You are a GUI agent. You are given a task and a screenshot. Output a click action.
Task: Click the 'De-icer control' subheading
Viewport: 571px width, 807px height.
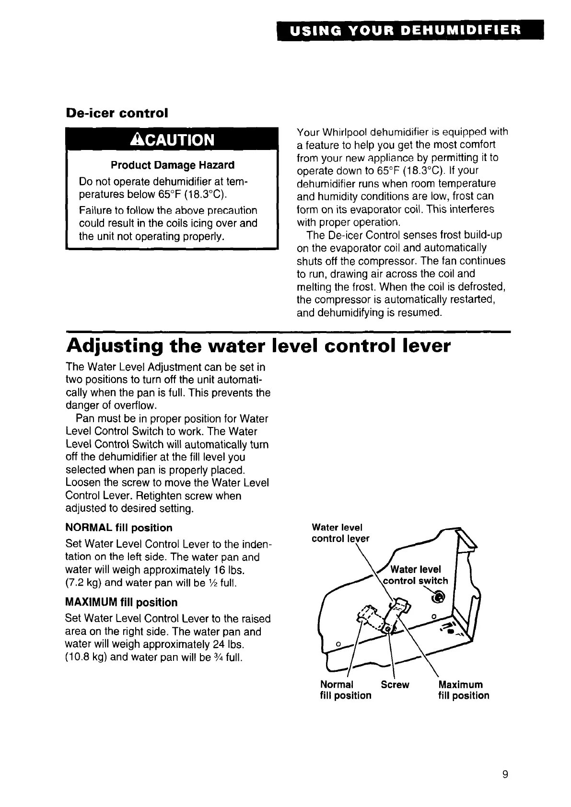[x=117, y=113]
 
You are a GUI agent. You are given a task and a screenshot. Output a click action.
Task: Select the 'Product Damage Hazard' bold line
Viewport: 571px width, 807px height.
[x=173, y=165]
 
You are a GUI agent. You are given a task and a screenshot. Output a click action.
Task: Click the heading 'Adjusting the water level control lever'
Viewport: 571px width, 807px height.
[x=258, y=346]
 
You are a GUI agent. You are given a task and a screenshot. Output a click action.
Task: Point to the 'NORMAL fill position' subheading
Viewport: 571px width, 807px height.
[x=119, y=528]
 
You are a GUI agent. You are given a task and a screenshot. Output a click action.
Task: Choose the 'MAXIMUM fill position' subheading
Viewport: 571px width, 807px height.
[x=121, y=602]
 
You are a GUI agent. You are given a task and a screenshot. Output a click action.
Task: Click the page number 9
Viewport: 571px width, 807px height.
[x=505, y=775]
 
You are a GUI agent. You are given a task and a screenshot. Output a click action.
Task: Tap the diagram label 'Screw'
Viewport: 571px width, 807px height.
[x=395, y=684]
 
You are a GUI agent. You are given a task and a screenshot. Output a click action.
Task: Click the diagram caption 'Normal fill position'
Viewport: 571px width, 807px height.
[x=345, y=690]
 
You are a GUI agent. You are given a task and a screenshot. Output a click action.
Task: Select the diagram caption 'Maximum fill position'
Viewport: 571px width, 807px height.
[x=464, y=690]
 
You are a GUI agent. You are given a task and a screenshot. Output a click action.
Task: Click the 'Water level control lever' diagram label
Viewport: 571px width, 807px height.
[x=340, y=533]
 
